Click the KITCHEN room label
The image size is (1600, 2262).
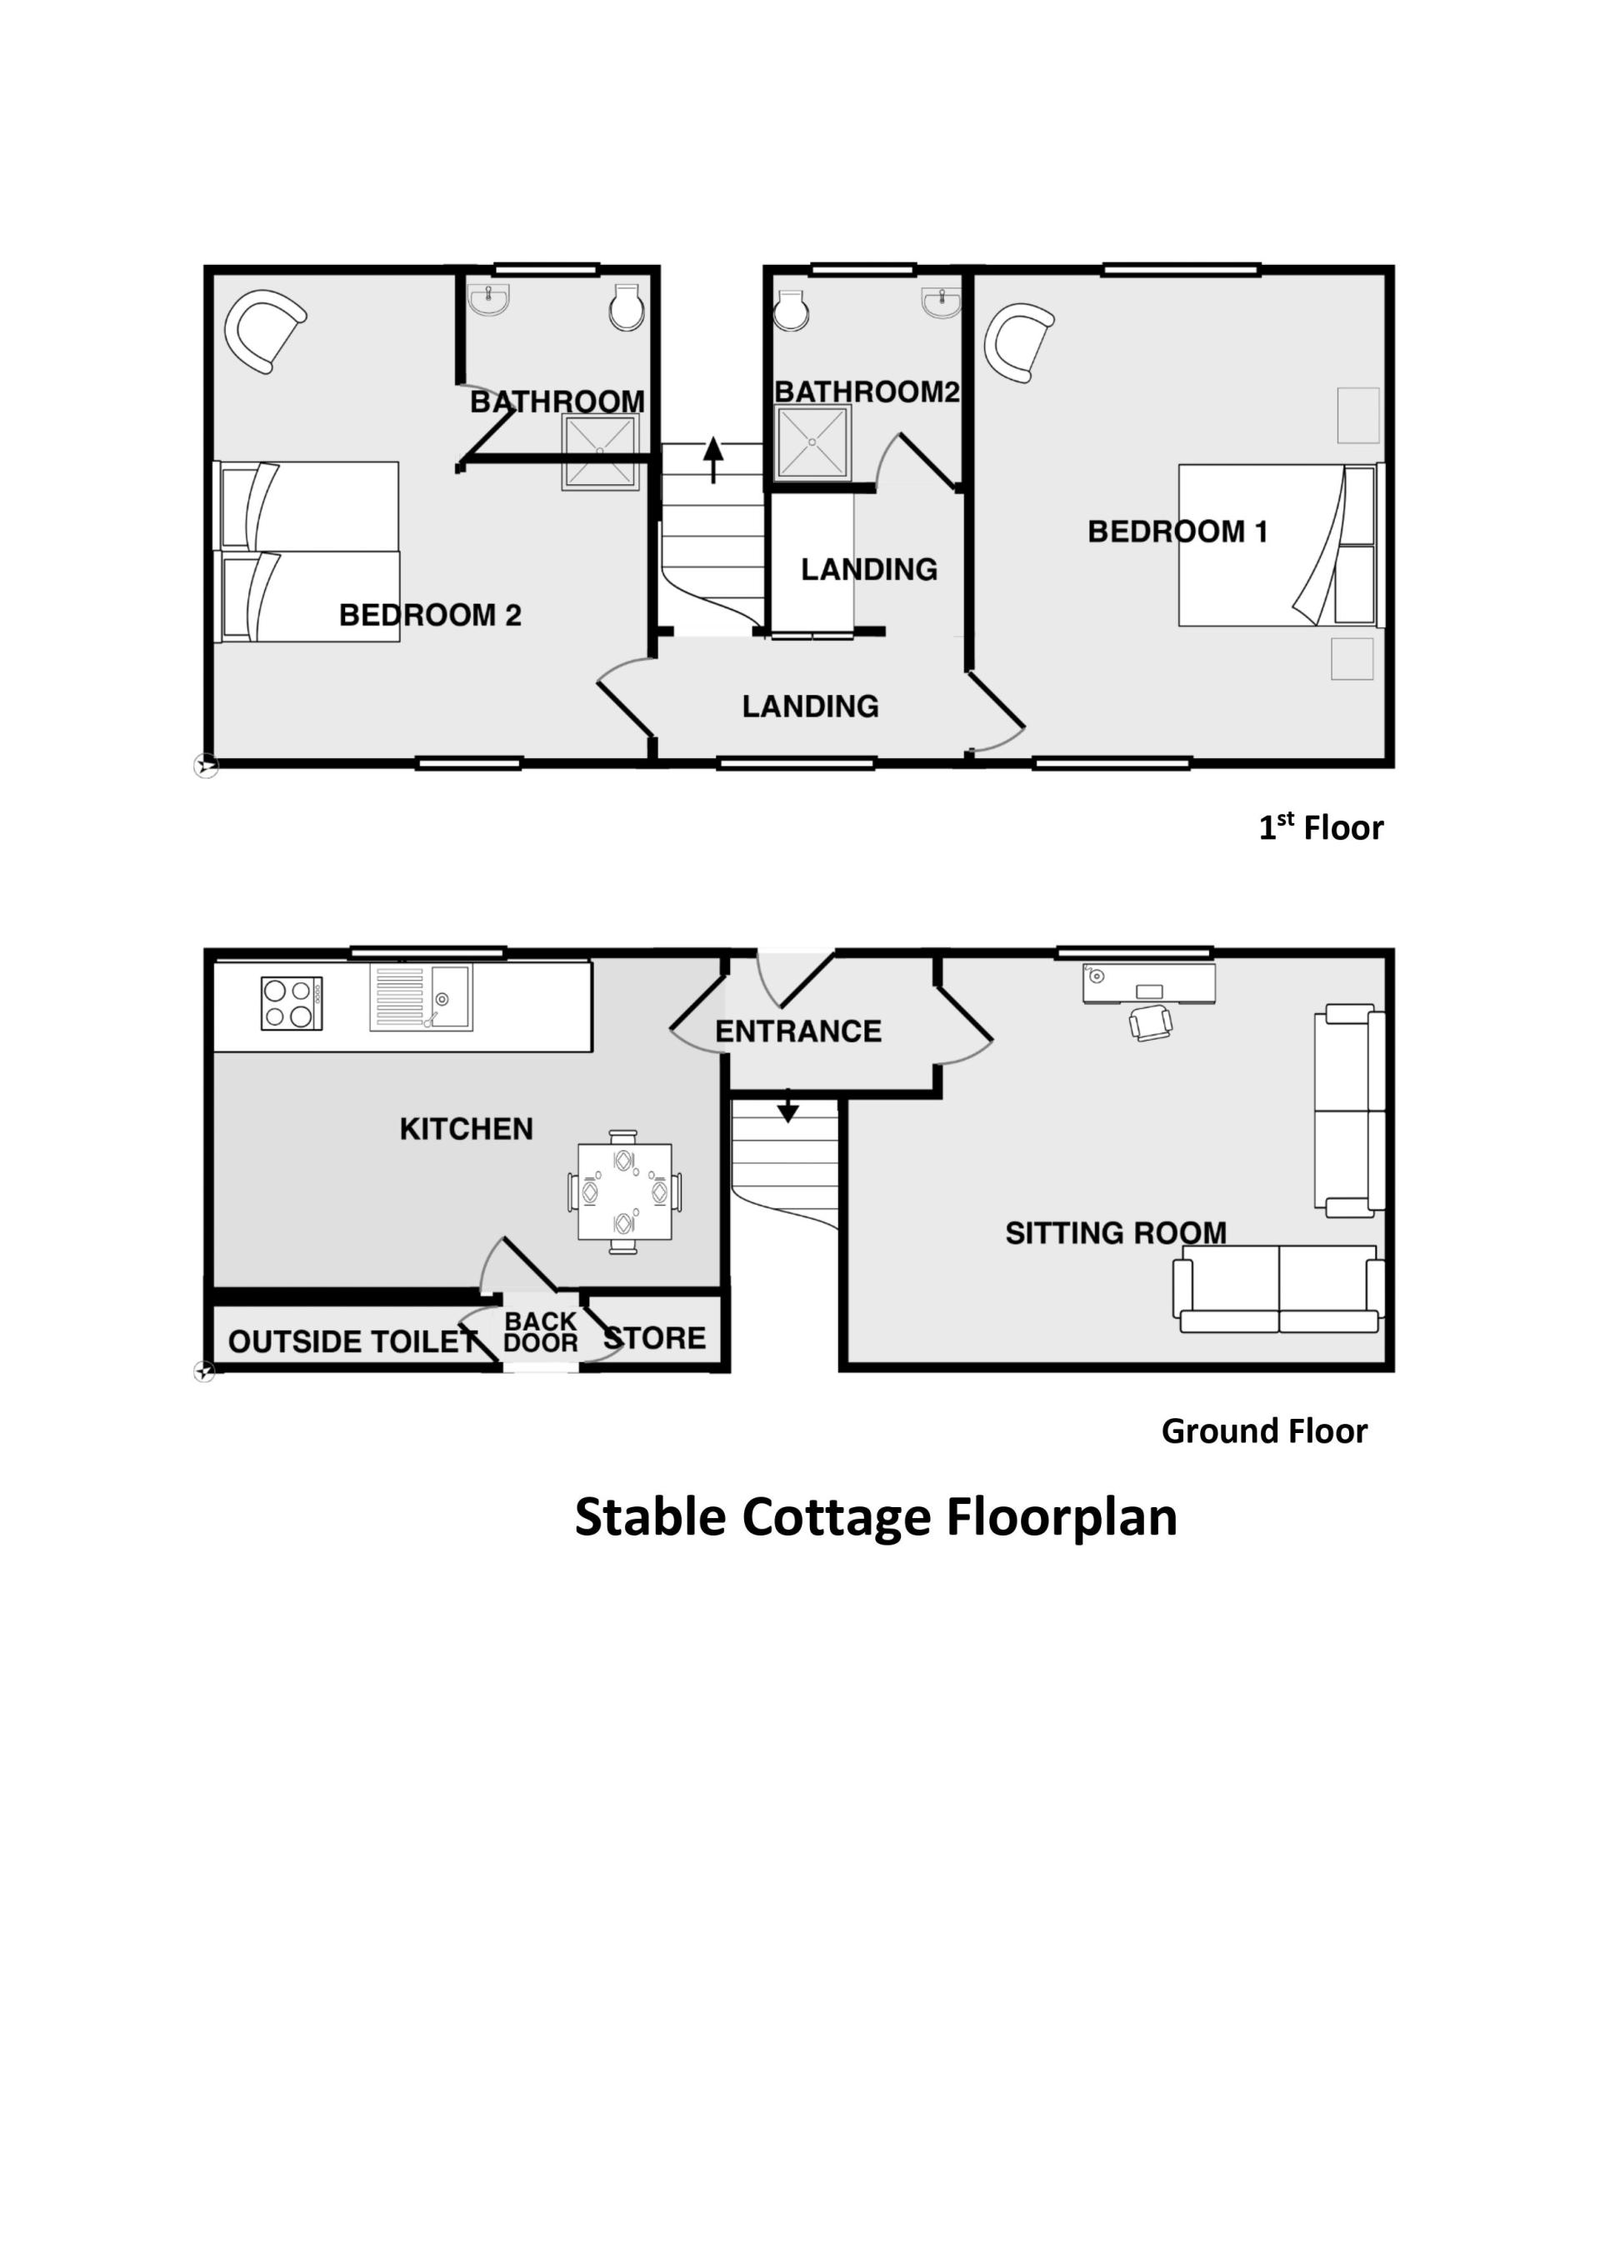466,1128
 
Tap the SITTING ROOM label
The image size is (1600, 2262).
1115,1232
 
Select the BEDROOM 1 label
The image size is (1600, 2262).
1177,532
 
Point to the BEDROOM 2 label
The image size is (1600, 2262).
429,615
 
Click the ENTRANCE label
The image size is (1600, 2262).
798,1031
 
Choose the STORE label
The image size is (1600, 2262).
654,1338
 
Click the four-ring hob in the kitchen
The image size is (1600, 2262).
292,1003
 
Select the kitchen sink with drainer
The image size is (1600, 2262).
421,997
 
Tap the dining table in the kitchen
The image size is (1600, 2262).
625,1191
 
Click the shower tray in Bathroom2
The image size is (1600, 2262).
812,442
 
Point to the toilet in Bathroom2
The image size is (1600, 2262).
791,309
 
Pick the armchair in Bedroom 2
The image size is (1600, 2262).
264,329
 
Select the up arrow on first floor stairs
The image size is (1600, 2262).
713,460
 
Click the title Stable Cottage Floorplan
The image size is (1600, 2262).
876,1518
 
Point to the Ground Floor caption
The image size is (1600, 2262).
1264,1431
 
